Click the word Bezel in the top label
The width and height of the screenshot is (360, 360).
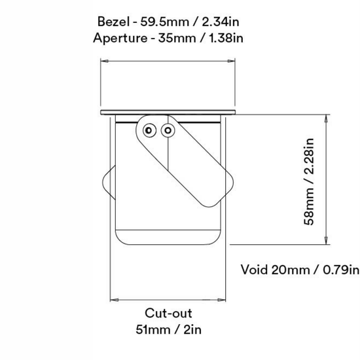pyautogui.click(x=113, y=22)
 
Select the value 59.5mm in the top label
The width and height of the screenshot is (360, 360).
pyautogui.click(x=164, y=22)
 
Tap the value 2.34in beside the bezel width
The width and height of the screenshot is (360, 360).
pyautogui.click(x=221, y=22)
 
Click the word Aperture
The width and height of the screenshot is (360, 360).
pyautogui.click(x=120, y=38)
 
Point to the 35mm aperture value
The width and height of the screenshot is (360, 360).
pyautogui.click(x=177, y=38)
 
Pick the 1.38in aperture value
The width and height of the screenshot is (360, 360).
pyautogui.click(x=226, y=38)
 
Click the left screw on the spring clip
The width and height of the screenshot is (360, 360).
pyautogui.click(x=149, y=130)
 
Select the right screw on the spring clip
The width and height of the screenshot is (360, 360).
pyautogui.click(x=168, y=130)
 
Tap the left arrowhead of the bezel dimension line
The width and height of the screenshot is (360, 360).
pyautogui.click(x=105, y=61)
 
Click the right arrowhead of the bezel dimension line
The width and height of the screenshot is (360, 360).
pyautogui.click(x=231, y=61)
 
